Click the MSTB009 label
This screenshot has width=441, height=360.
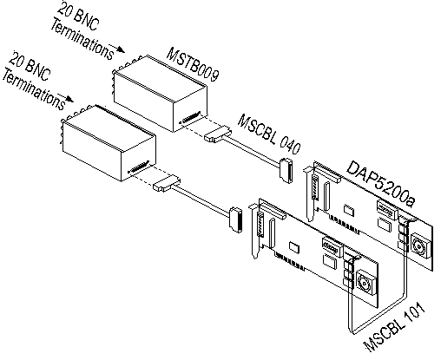193,64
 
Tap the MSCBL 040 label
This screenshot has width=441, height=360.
269,134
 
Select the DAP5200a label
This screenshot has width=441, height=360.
381,184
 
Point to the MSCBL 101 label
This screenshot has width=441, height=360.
395,327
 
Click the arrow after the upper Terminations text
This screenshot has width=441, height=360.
117,49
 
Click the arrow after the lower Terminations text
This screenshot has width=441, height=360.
65,98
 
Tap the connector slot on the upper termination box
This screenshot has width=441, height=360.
190,117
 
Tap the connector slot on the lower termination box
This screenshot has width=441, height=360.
139,167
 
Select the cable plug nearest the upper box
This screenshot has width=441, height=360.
218,134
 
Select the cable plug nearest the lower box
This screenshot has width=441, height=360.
167,183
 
